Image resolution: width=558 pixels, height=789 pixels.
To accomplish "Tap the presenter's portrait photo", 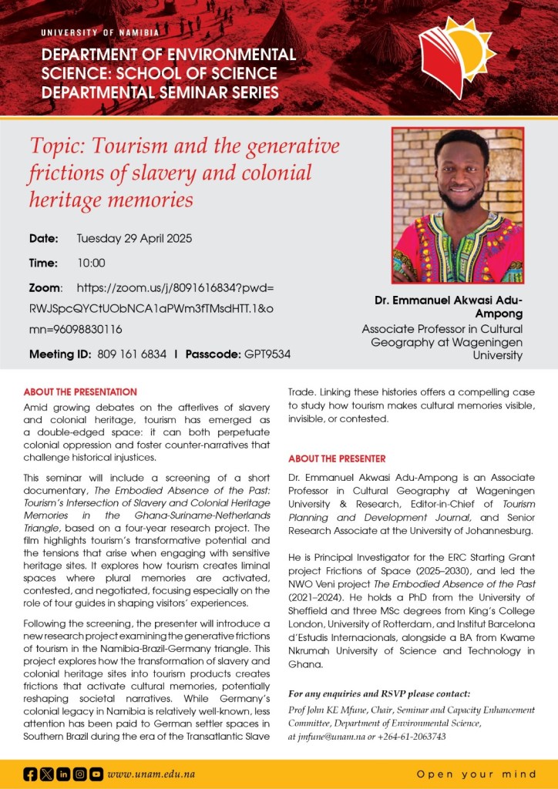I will click(x=458, y=206).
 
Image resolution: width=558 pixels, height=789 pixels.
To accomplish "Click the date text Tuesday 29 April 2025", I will click(x=134, y=238).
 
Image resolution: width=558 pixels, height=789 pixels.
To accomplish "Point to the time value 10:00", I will click(x=91, y=263).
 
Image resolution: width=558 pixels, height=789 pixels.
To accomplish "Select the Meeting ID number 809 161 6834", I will click(x=132, y=354).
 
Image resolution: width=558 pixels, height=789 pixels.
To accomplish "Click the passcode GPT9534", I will click(x=267, y=354).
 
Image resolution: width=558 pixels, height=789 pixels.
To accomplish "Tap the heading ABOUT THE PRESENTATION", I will click(x=80, y=392).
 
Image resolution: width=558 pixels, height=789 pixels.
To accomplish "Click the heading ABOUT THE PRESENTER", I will click(x=337, y=458).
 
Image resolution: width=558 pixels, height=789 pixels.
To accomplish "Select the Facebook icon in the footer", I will click(x=30, y=774).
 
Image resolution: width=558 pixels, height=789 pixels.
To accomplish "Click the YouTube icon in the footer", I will click(x=96, y=774).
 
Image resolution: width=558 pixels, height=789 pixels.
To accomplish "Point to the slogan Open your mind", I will click(x=476, y=774).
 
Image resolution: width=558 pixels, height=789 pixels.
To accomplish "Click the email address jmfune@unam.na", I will click(x=333, y=736).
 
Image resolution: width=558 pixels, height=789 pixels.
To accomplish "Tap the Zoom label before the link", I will click(x=45, y=287).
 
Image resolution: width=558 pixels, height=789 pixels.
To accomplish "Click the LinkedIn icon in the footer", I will click(x=63, y=774).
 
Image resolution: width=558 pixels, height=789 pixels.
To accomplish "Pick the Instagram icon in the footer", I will click(x=79, y=774).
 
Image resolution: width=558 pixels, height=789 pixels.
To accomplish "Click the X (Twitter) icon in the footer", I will click(x=47, y=774).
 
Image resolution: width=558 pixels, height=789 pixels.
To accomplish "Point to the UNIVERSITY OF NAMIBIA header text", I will click(x=100, y=32).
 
